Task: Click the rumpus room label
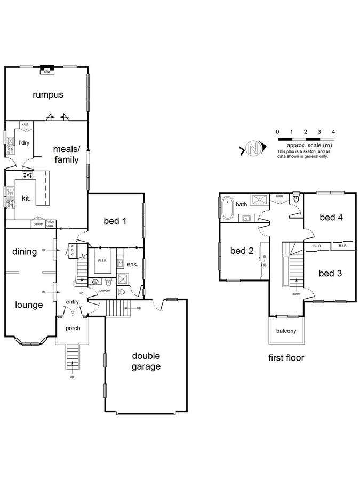click(47, 95)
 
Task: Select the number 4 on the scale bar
click(333, 131)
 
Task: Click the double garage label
click(146, 361)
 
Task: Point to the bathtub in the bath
click(228, 209)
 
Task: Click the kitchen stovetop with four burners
click(27, 174)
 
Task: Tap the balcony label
click(286, 331)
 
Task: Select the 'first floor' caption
click(286, 358)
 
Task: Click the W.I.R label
click(101, 261)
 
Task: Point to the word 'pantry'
click(38, 224)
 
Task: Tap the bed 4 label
click(331, 217)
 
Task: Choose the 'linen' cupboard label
click(279, 196)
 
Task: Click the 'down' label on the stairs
click(296, 293)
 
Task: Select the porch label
click(73, 328)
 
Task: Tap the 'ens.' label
click(132, 263)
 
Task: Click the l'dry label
click(24, 143)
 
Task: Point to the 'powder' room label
click(105, 291)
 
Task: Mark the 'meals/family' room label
click(66, 154)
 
